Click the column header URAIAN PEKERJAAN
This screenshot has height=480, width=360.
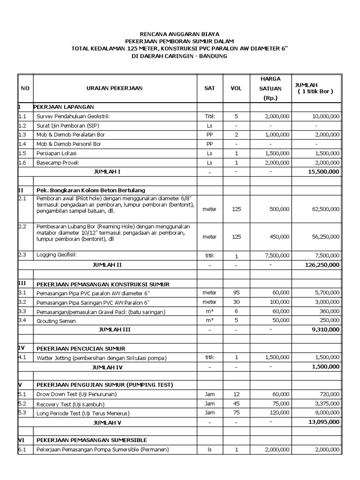click(x=115, y=88)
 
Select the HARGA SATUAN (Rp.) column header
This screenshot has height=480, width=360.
click(x=270, y=88)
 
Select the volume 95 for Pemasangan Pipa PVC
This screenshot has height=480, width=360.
click(x=236, y=292)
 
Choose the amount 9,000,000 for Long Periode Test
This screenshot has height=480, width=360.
click(x=325, y=412)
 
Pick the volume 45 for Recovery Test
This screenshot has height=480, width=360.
click(x=236, y=404)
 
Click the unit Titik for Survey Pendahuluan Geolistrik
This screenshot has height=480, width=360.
click(x=209, y=116)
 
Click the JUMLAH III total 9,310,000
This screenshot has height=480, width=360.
click(x=325, y=330)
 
